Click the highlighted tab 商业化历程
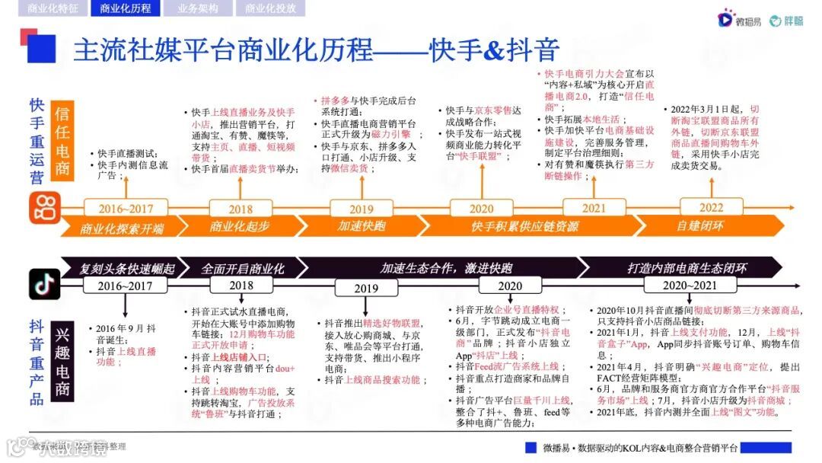[126, 8]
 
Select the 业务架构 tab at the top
[197, 8]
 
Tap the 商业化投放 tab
[270, 8]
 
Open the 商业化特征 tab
[52, 8]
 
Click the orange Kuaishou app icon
[45, 208]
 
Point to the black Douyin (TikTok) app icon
[44, 284]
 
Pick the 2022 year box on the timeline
[712, 207]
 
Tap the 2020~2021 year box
[679, 285]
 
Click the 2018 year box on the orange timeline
[241, 209]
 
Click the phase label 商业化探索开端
[122, 227]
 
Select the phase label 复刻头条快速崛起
[126, 268]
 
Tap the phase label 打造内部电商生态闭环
[686, 268]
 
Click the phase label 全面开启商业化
[243, 268]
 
